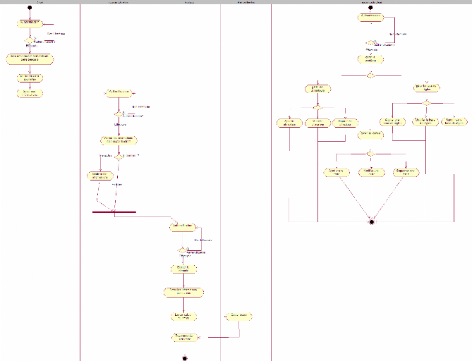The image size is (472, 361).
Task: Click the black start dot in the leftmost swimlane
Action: click(30, 8)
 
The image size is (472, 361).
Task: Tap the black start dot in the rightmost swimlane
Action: click(370, 8)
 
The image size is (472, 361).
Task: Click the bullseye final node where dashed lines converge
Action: click(371, 221)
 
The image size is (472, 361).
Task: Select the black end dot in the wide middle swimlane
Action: click(184, 357)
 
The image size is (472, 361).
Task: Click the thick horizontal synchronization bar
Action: click(114, 212)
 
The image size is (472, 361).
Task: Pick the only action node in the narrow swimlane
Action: click(239, 315)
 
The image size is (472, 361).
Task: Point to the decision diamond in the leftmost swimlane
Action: click(30, 40)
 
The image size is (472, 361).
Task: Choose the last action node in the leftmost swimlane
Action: click(29, 92)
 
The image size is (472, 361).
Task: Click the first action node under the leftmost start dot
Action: click(30, 23)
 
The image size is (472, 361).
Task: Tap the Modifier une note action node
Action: click(371, 171)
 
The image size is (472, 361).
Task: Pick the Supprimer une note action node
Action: click(406, 171)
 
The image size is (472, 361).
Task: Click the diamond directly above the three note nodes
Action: click(370, 153)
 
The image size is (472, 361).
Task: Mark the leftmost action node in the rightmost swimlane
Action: click(289, 123)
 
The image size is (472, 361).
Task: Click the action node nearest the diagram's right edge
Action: click(455, 122)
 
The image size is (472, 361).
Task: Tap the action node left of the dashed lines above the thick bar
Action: click(100, 175)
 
